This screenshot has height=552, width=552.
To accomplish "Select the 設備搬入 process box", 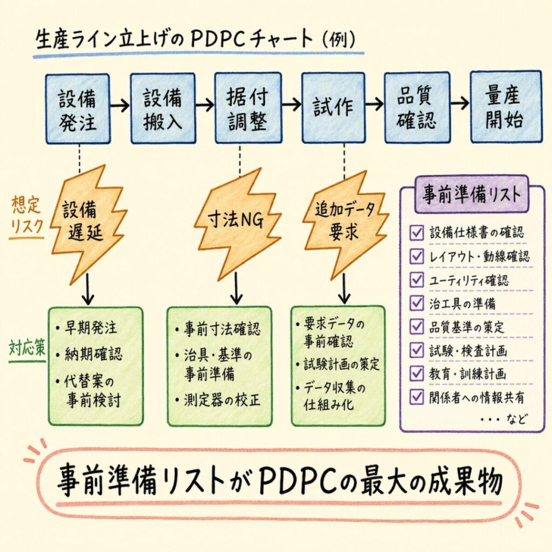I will tap(162, 108).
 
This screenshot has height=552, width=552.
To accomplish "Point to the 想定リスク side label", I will tap(26, 216).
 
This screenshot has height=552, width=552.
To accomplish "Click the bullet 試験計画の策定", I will tap(341, 364).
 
